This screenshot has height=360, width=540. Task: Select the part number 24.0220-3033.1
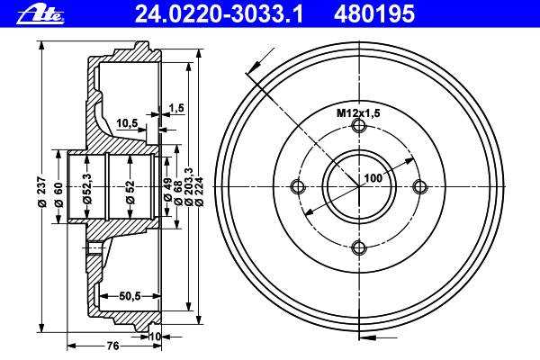219,14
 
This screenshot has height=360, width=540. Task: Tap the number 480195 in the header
374,14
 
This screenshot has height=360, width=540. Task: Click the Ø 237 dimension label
41,192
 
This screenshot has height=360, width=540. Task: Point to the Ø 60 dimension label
58,195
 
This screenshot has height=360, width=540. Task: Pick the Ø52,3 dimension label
87,188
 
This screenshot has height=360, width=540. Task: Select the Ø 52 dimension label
130,192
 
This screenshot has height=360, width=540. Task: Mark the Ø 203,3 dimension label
189,186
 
